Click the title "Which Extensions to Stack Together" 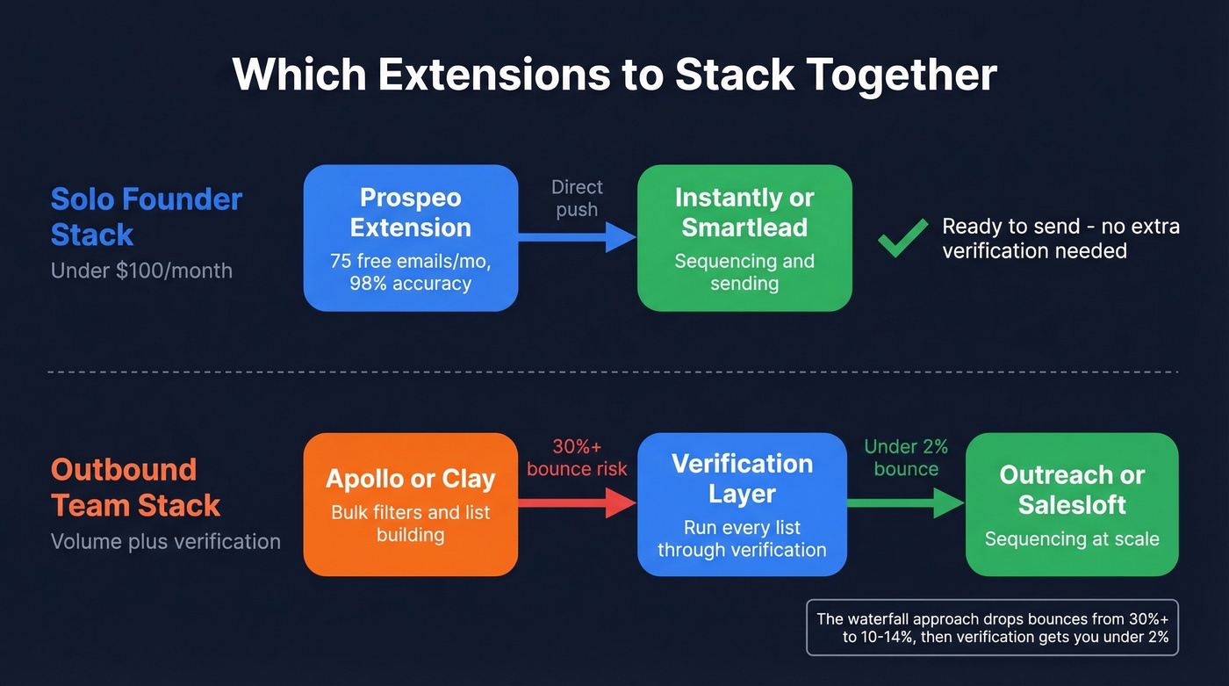point(614,75)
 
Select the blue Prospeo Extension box point(411,238)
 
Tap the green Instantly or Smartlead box point(744,238)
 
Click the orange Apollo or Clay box point(411,504)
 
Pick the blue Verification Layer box point(743,504)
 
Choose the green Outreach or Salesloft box point(1072,504)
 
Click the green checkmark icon point(903,238)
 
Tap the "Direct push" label point(577,199)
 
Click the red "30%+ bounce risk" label point(577,458)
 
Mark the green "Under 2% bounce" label point(906,458)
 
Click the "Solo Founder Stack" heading point(146,217)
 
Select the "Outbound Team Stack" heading point(136,487)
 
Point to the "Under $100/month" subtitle point(141,271)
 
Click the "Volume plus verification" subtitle point(165,541)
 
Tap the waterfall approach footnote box point(992,627)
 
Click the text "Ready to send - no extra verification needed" point(1060,238)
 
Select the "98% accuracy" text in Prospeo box point(411,284)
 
